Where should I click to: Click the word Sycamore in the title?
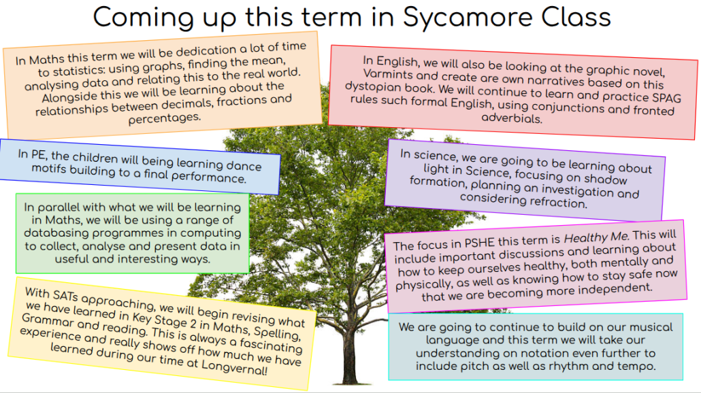[x=468, y=18]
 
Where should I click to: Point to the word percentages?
[x=165, y=118]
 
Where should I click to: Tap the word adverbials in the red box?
[x=511, y=118]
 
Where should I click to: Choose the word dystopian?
[x=373, y=86]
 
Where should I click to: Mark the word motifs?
[x=49, y=169]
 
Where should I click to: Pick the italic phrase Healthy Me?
[x=596, y=237]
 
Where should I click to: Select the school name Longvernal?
[x=234, y=368]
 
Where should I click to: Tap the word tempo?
[x=638, y=366]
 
